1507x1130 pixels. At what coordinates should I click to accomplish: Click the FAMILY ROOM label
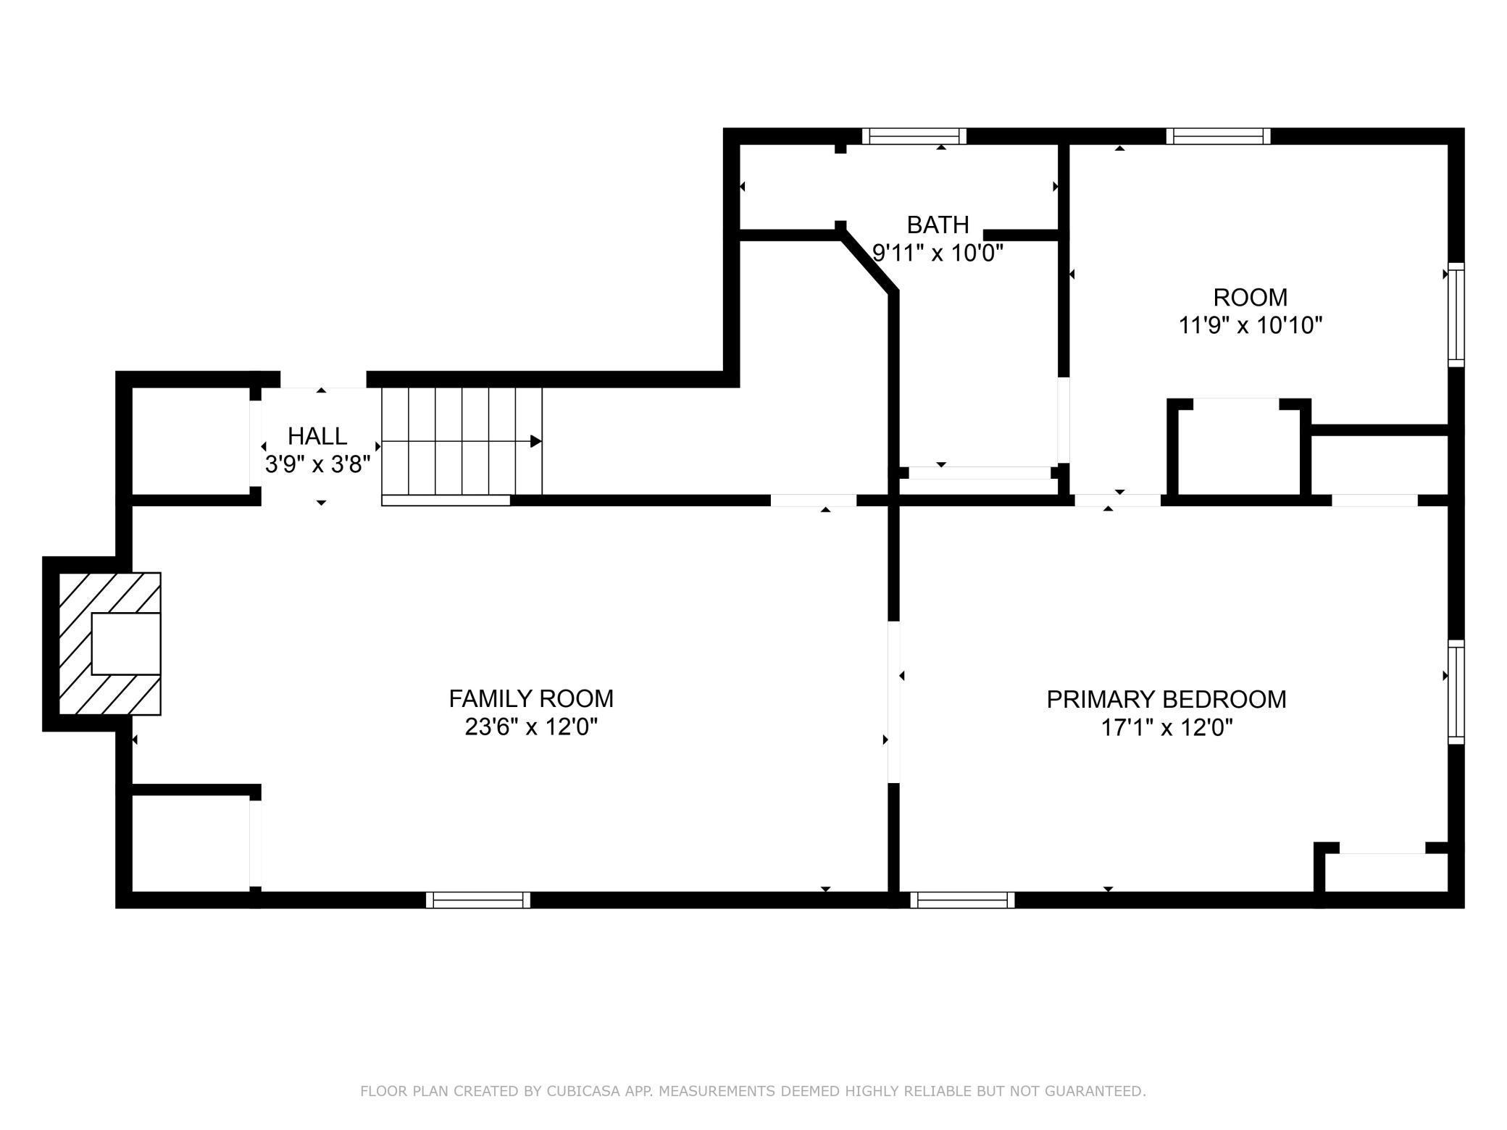pyautogui.click(x=531, y=699)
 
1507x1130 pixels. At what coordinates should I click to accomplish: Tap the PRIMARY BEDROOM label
pyautogui.click(x=1166, y=700)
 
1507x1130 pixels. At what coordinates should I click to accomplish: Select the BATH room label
pyautogui.click(x=938, y=225)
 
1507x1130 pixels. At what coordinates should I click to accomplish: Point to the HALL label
pyautogui.click(x=317, y=436)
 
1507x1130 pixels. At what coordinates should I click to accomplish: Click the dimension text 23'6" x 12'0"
pyautogui.click(x=531, y=727)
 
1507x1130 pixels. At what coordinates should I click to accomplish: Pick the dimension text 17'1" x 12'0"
pyautogui.click(x=1166, y=727)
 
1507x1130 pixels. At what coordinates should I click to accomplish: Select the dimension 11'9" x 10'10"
pyautogui.click(x=1251, y=326)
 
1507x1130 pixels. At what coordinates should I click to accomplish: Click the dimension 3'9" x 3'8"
pyautogui.click(x=317, y=464)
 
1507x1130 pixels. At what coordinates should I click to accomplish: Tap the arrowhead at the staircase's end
pyautogui.click(x=536, y=441)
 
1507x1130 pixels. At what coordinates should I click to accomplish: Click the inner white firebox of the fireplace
pyautogui.click(x=125, y=644)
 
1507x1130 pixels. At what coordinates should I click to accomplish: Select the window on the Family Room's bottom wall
pyautogui.click(x=478, y=900)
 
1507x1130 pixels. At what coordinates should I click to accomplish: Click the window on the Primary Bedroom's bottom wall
pyautogui.click(x=962, y=900)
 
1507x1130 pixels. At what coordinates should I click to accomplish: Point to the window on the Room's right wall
pyautogui.click(x=1456, y=315)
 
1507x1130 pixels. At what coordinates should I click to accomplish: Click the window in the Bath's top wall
pyautogui.click(x=914, y=136)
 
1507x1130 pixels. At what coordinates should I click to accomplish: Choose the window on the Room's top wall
pyautogui.click(x=1219, y=136)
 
